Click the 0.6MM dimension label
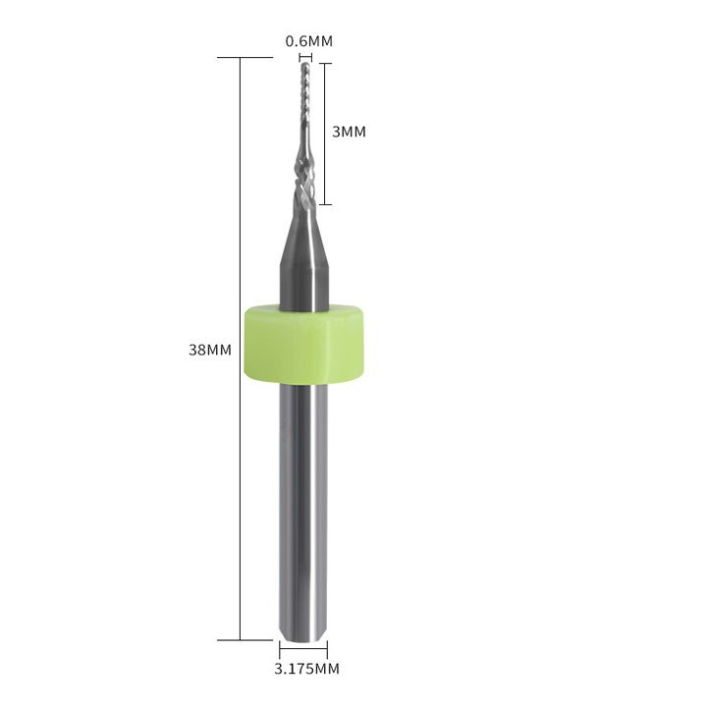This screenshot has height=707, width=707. (309, 41)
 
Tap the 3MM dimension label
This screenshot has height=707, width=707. (349, 133)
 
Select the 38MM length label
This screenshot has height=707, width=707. (210, 350)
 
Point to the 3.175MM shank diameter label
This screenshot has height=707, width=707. (306, 669)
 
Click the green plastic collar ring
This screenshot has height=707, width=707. (303, 344)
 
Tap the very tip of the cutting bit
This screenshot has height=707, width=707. (305, 64)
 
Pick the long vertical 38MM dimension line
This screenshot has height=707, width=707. (241, 349)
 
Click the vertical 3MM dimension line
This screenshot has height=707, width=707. (326, 134)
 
